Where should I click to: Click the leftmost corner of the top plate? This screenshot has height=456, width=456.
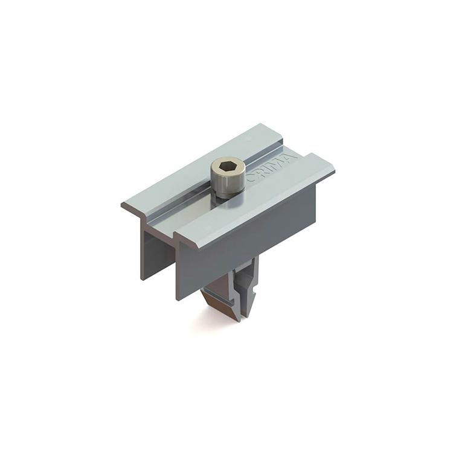click(122, 204)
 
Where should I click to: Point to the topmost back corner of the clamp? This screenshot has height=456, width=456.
click(265, 124)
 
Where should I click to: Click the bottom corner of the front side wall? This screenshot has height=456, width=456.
click(178, 299)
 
